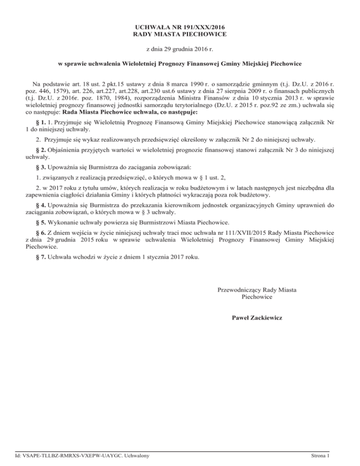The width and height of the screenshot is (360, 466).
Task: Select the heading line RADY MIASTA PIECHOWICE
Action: pos(180,35)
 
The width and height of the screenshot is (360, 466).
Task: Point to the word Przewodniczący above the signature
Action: pos(240,290)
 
